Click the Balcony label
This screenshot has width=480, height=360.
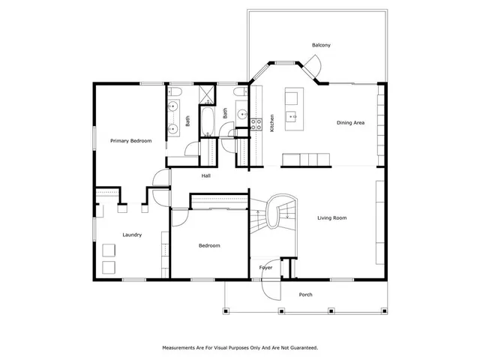click(321, 46)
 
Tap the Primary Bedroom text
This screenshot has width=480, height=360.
click(130, 141)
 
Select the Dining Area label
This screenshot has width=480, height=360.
click(350, 122)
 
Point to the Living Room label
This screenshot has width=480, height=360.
click(331, 218)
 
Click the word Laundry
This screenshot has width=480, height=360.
click(132, 235)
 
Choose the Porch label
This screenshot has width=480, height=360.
click(305, 294)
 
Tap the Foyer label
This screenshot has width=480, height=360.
click(265, 268)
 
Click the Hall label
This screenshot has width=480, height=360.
click(205, 176)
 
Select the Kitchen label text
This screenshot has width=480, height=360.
click(271, 121)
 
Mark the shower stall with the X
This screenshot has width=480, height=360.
click(205, 95)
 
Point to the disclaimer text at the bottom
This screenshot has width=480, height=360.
click(240, 347)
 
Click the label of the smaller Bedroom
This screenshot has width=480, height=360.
click(209, 246)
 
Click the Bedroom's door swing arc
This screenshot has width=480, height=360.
click(180, 216)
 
